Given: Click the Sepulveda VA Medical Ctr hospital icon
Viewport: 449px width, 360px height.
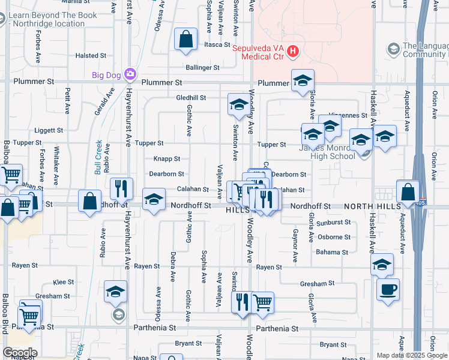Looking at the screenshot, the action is coord(293,52).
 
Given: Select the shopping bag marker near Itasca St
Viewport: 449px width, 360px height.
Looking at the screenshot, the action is coord(186,39).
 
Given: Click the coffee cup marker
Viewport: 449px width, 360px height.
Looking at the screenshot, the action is coord(388,289).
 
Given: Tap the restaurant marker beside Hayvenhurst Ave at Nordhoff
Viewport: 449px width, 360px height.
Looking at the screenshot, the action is coord(122,188).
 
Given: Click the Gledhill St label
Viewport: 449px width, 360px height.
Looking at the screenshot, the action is coord(191,97).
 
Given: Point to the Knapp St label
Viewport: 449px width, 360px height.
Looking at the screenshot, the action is coord(167,159).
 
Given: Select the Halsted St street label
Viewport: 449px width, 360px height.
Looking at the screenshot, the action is coord(91,56).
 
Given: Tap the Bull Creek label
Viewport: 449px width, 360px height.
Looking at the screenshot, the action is coord(98,157).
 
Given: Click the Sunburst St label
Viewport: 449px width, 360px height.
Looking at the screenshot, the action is coord(334,222).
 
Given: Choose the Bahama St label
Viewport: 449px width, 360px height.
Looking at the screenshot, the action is coord(333,252).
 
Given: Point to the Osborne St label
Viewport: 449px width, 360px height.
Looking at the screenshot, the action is coord(334,237).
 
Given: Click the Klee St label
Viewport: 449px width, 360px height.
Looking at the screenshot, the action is coord(63,281).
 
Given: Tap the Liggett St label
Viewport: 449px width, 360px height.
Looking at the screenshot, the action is coord(49,130).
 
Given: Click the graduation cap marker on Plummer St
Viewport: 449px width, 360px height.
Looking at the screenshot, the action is coord(303,80).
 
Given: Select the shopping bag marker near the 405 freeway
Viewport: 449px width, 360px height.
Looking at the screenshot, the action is coord(408,191).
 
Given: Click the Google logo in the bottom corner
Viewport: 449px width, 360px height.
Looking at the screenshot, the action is coord(19,353).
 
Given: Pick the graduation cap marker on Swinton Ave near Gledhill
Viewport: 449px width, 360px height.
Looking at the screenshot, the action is coord(238,105).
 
